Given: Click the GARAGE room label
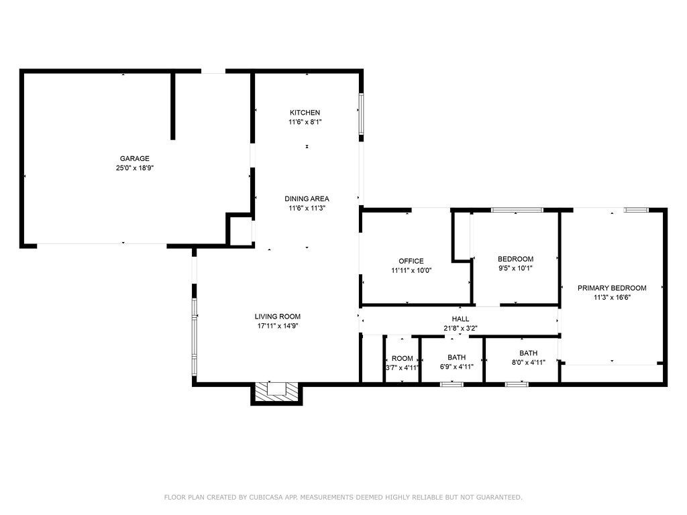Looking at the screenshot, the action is [x=134, y=158].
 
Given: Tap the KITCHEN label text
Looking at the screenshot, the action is [x=305, y=113].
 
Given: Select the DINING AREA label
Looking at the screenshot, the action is [x=307, y=198].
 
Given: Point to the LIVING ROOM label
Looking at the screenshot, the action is [x=278, y=317].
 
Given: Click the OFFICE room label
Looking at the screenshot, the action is [x=411, y=261].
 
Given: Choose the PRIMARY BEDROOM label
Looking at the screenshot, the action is [x=612, y=288].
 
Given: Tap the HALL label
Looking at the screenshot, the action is [x=460, y=319].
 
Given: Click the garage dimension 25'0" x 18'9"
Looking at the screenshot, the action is [x=134, y=168].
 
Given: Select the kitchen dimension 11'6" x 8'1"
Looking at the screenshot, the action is [x=305, y=122].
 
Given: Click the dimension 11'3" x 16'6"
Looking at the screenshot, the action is [x=612, y=298].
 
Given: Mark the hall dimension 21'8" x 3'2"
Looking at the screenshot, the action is [x=460, y=329].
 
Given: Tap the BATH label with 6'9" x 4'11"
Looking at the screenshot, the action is [x=456, y=357].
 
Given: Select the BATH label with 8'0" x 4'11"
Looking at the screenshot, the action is [x=529, y=353].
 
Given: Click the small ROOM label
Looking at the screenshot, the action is [x=403, y=358].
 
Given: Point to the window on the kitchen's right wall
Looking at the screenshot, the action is [x=362, y=114].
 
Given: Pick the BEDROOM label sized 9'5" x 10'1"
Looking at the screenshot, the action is [x=516, y=259].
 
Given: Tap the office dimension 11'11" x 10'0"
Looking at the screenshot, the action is [x=411, y=271].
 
